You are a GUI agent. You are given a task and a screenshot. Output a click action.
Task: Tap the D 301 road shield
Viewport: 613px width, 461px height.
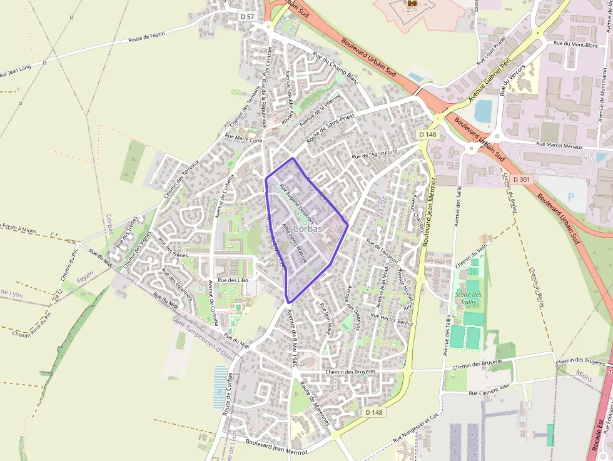(x=521, y=180)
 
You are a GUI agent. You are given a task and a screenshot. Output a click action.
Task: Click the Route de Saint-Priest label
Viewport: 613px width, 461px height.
(x=330, y=129)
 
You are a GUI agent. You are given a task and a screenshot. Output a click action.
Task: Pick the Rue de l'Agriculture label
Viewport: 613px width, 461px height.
(x=375, y=154)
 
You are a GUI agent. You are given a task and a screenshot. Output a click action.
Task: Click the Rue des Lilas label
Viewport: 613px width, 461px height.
(x=233, y=280)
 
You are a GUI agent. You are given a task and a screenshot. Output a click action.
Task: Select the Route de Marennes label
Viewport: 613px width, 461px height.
(x=315, y=403)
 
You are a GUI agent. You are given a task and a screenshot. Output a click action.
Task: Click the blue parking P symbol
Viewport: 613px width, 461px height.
(x=570, y=196)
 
